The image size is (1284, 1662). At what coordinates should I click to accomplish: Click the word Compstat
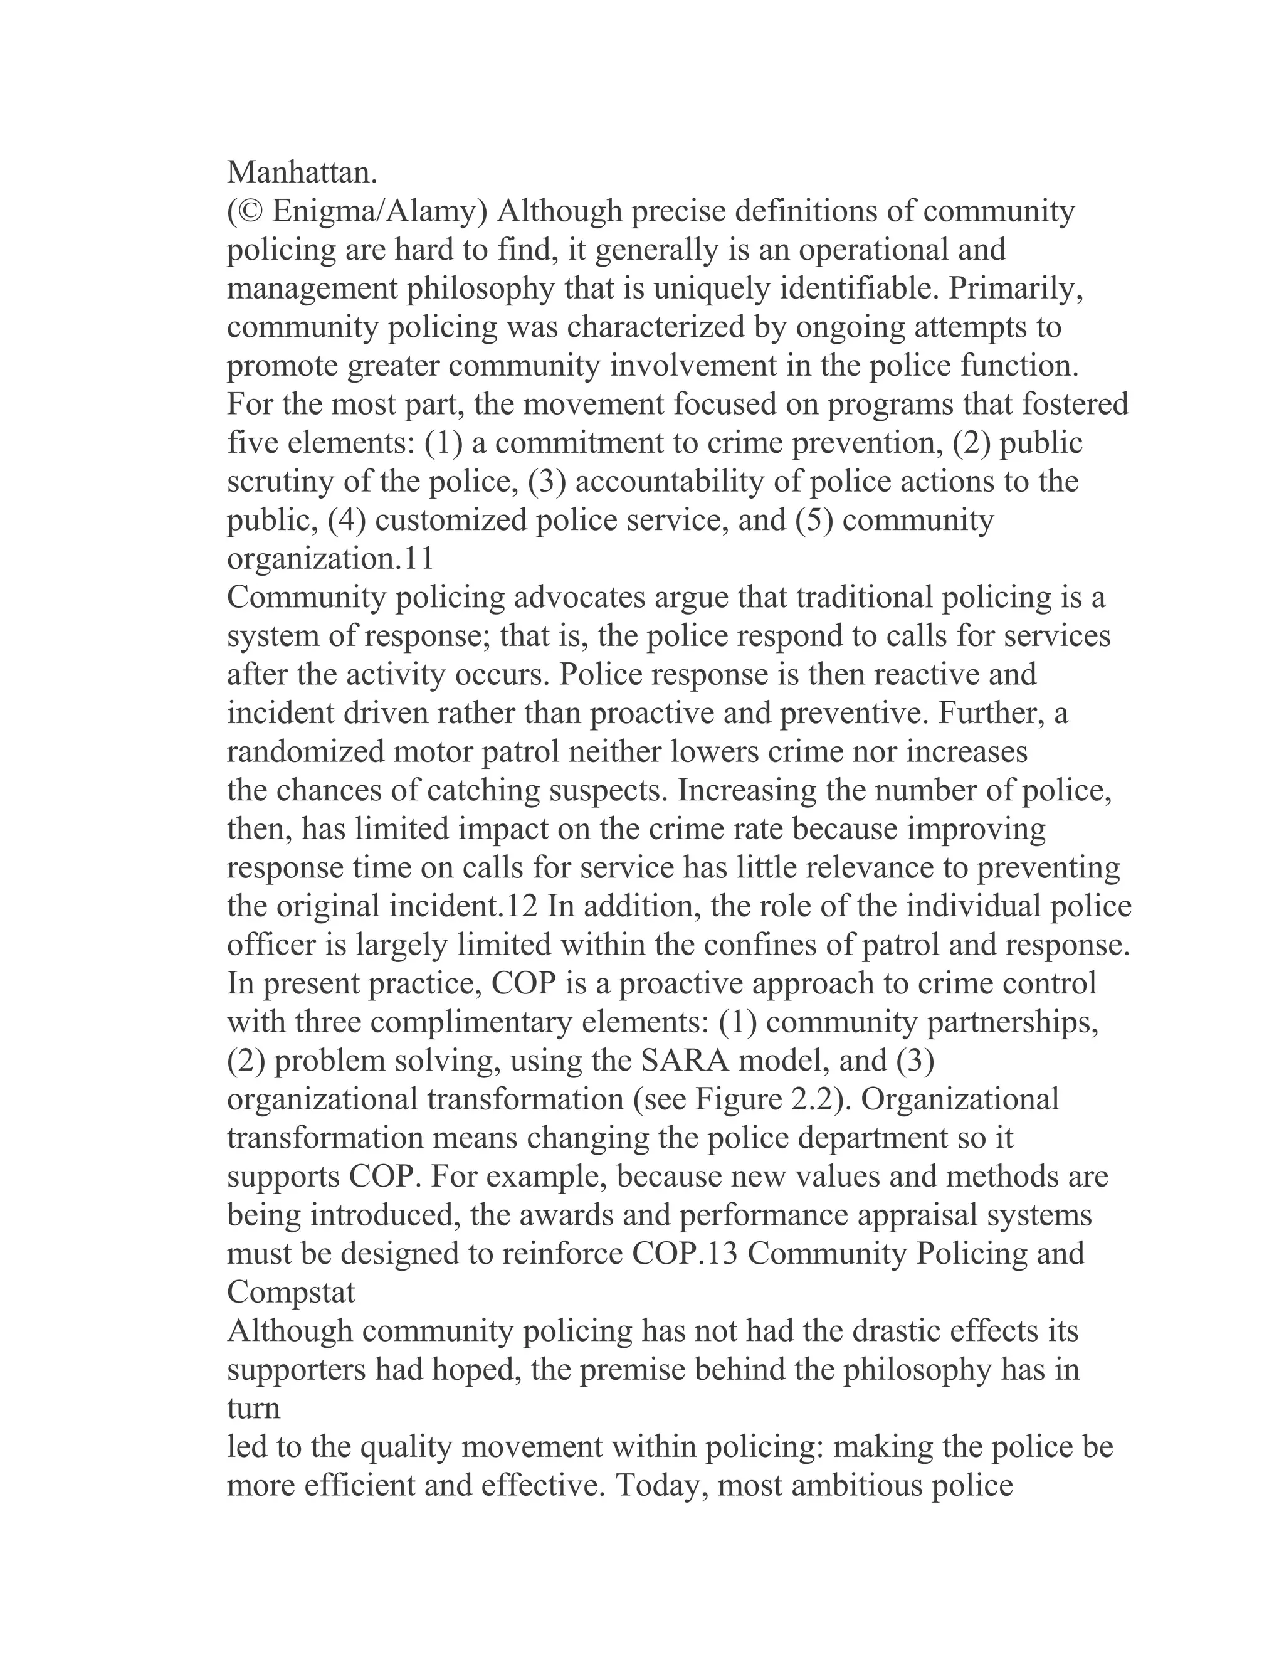click(292, 1292)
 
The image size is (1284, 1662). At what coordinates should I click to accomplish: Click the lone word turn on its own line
click(253, 1408)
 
